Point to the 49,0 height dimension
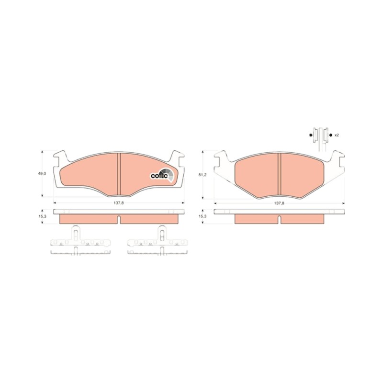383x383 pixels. [42, 173]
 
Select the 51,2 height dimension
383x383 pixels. [202, 175]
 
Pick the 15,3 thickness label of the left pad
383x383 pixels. [42, 216]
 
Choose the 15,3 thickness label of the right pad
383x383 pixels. [202, 216]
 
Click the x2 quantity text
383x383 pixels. [337, 135]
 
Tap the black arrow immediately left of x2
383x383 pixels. [331, 135]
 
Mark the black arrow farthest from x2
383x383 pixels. [310, 135]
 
